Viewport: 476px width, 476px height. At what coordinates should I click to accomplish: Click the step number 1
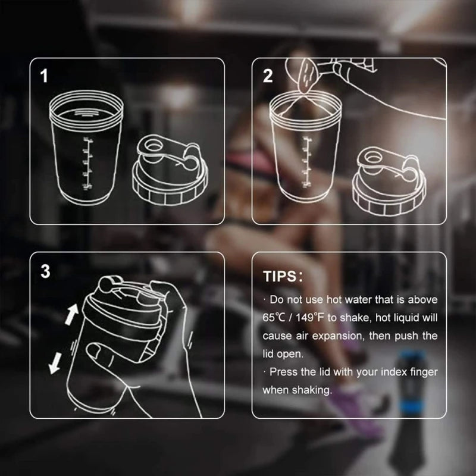coord(44,76)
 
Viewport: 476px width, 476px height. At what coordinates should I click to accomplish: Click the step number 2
coord(268,76)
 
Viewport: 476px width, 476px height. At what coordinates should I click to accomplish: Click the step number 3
coord(45,271)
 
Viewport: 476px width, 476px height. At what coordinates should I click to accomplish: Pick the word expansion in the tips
coord(333,336)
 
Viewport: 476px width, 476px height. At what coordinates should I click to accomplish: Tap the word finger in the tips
coord(422,372)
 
